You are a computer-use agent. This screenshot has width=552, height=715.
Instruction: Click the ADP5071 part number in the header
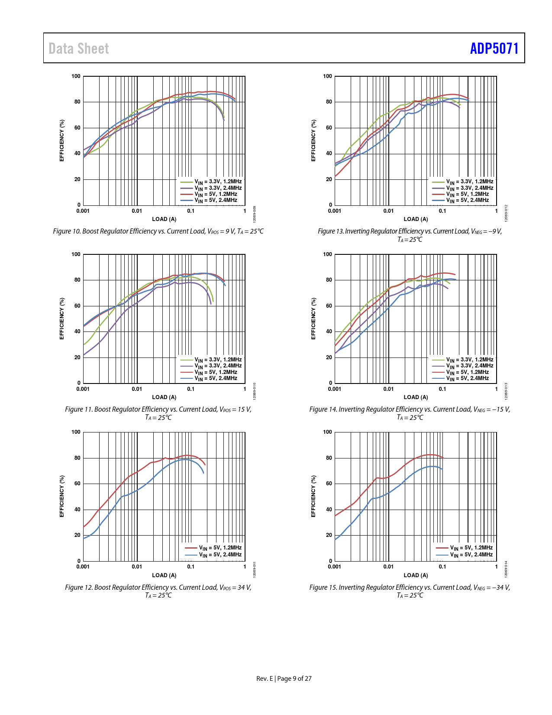pos(494,48)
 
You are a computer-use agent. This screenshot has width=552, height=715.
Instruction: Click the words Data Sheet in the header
pos(79,49)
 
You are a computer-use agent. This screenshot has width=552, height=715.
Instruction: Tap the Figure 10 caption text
pos(158,231)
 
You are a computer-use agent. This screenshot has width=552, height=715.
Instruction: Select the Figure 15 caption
pos(410,591)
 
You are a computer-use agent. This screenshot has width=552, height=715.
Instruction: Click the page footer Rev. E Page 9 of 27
pos(284,678)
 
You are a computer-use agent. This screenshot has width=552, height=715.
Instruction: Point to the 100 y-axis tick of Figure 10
pos(76,76)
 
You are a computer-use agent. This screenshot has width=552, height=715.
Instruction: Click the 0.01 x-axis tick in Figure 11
pos(137,389)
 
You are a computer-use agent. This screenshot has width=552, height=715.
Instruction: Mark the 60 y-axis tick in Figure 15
pos(329,484)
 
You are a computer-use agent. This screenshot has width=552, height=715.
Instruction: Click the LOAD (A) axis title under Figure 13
pos(416,219)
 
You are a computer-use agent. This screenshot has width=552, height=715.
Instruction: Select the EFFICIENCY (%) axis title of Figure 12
pos(62,496)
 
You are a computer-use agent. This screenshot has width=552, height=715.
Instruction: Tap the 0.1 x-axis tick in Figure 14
pos(442,389)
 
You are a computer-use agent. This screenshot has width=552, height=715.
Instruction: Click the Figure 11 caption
pos(158,413)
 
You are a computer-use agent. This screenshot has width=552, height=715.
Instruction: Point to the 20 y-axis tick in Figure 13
pos(329,179)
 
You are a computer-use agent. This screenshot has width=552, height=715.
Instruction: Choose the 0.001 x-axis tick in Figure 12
pos(83,567)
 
